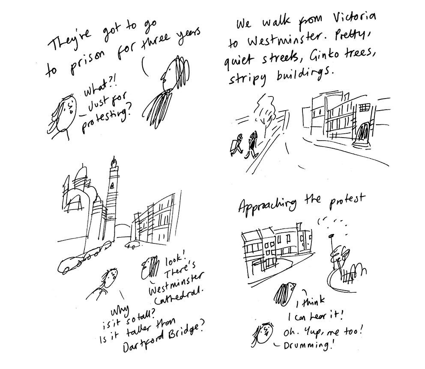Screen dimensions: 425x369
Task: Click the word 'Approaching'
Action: (267, 204)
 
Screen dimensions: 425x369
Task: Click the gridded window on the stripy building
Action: (365, 108)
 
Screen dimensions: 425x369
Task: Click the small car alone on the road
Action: (132, 245)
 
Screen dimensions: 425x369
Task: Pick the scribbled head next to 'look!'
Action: (150, 267)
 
